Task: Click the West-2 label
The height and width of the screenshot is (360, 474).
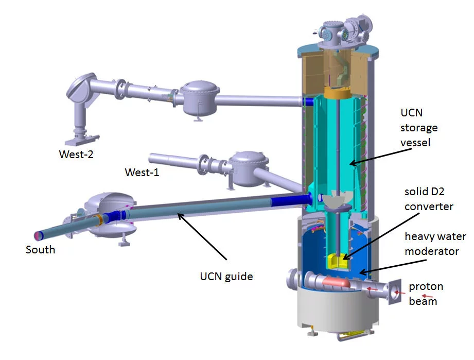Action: pyautogui.click(x=76, y=154)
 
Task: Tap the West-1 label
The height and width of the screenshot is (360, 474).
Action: pyautogui.click(x=142, y=173)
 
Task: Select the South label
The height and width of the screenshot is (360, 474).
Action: pyautogui.click(x=40, y=250)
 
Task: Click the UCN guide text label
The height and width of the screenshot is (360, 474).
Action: pyautogui.click(x=226, y=277)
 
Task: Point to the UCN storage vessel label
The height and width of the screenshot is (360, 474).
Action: pyautogui.click(x=419, y=127)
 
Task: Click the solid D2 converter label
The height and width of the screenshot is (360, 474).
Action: pyautogui.click(x=428, y=199)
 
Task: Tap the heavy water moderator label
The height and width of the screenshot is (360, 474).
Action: pyautogui.click(x=431, y=244)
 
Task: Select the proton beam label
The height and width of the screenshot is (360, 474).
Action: pyautogui.click(x=425, y=294)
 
